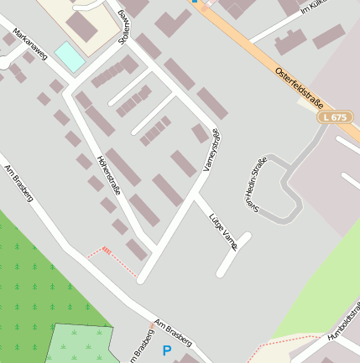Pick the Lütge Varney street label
pos(223,231)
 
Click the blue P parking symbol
pos(166,350)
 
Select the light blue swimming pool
pos(70,57)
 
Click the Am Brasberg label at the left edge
pos(18,184)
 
